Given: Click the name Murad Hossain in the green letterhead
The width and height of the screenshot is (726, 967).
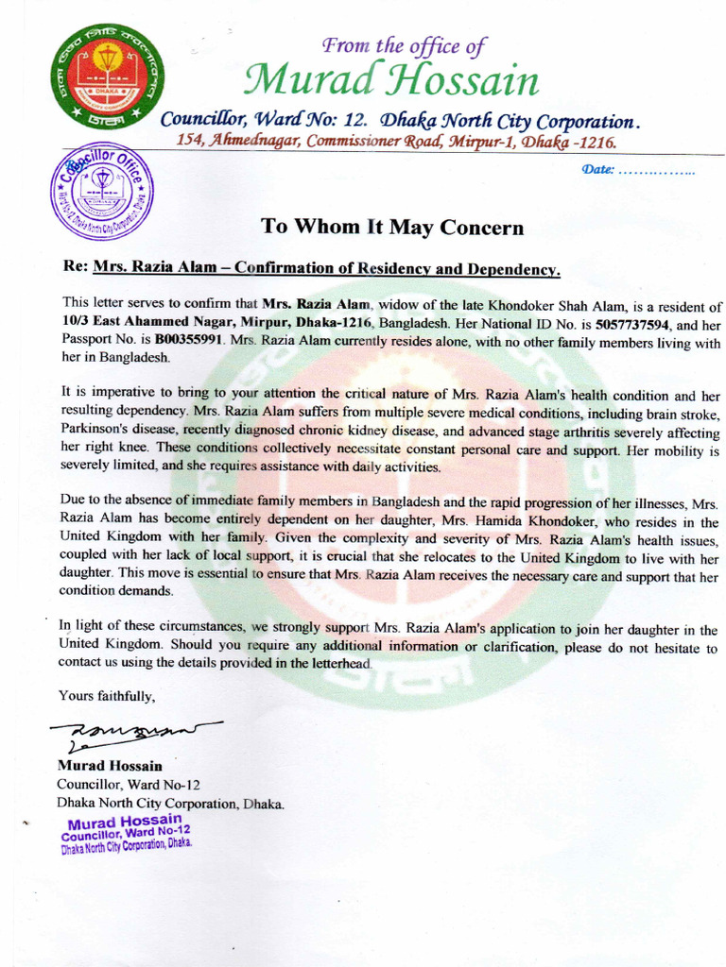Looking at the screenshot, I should pos(390,81).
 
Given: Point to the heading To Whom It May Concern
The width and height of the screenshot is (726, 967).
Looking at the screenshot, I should pos(391,227).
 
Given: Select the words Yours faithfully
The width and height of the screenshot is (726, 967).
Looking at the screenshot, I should pos(106,696).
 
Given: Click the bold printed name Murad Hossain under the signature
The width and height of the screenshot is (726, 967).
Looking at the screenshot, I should pos(109,766).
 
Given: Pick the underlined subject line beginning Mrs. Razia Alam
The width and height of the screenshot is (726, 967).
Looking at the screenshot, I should pos(326,268).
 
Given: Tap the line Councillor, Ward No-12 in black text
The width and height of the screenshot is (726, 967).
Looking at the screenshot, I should pos(128,785).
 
